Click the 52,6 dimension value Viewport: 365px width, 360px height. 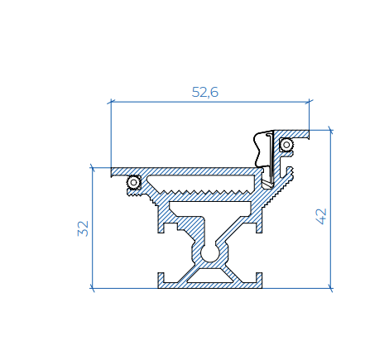[204, 93]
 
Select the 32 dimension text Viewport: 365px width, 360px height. [83, 228]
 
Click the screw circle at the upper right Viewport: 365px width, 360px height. [286, 145]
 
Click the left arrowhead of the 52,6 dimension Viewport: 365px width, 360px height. [113, 103]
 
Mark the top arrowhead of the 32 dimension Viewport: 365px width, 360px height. [92, 169]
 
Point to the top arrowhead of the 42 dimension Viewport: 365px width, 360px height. [330, 131]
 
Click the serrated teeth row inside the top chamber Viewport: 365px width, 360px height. [199, 190]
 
